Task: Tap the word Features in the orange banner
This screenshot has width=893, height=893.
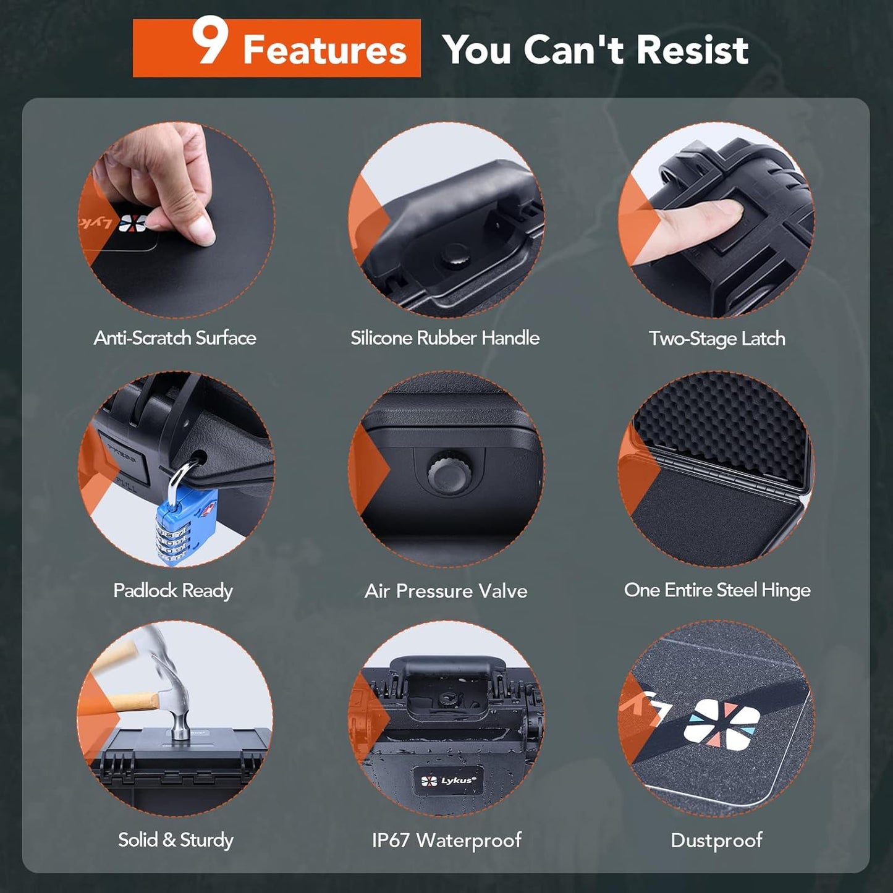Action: pyautogui.click(x=324, y=50)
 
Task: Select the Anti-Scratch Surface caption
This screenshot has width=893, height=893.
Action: pyautogui.click(x=175, y=338)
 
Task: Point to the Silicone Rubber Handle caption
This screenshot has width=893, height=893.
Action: pyautogui.click(x=445, y=338)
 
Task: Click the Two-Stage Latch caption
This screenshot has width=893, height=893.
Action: pyautogui.click(x=717, y=339)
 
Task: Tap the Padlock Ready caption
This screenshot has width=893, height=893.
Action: pyautogui.click(x=173, y=591)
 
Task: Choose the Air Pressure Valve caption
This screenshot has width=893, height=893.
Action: pyautogui.click(x=446, y=591)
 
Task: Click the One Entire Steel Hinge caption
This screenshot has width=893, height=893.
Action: pyautogui.click(x=717, y=590)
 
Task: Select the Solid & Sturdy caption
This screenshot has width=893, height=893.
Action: pyautogui.click(x=176, y=840)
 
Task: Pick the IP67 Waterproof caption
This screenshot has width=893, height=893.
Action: pyautogui.click(x=446, y=840)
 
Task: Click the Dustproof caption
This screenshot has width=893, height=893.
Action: pyautogui.click(x=716, y=840)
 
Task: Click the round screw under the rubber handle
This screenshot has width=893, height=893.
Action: pyautogui.click(x=454, y=255)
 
